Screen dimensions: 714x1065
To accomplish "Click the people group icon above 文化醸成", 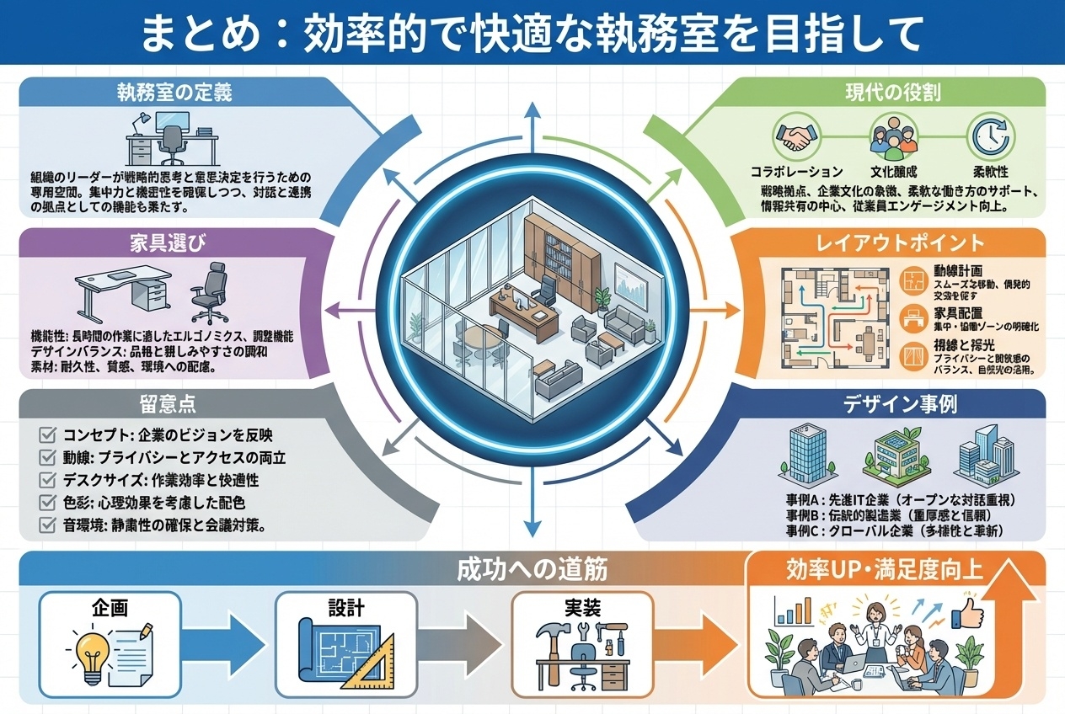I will point(891,135).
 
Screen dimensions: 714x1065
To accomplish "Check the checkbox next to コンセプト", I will point(48,436).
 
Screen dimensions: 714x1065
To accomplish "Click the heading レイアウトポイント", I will point(899,243).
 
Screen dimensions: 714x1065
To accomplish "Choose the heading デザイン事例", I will point(899,404).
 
